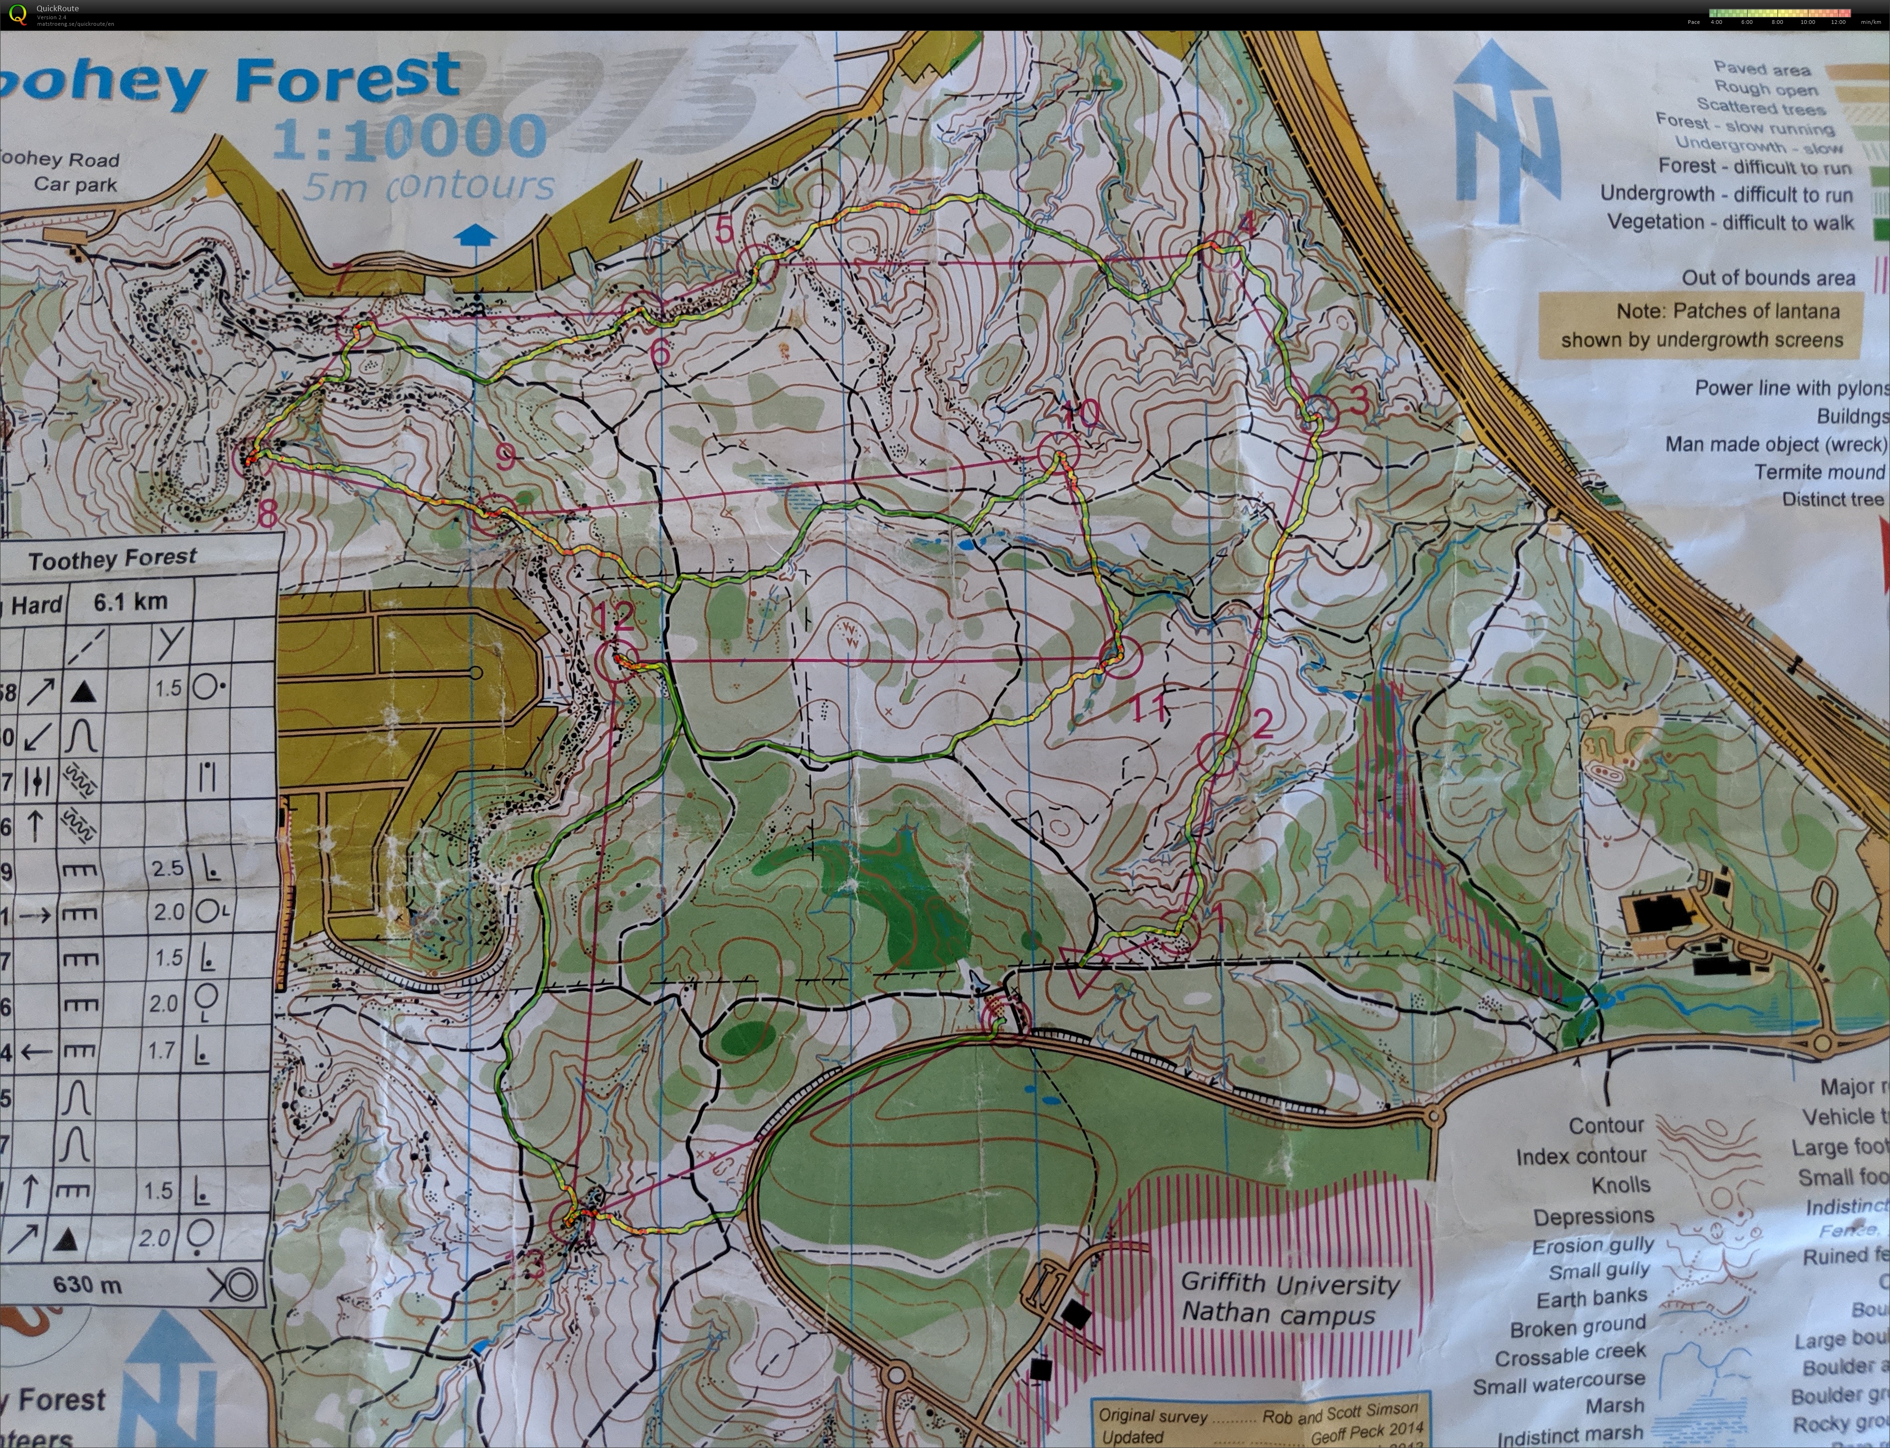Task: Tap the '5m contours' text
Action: tap(428, 186)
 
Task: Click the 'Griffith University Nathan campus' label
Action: tap(1288, 1299)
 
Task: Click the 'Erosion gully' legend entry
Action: tap(1592, 1246)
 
